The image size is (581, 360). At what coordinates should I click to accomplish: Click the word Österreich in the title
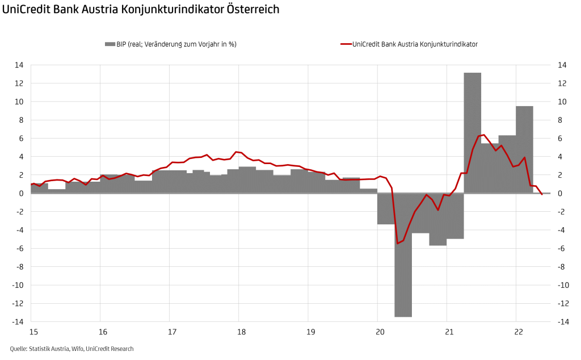[x=251, y=10]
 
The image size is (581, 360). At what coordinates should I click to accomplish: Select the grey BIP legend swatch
[x=110, y=44]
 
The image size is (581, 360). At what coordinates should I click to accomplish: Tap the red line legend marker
[x=345, y=44]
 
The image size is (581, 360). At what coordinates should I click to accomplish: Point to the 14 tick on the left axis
[x=19, y=65]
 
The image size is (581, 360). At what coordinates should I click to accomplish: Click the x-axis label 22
[x=517, y=331]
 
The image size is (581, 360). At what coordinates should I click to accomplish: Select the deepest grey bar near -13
[x=403, y=255]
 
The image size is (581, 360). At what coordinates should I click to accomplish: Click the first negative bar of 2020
[x=386, y=208]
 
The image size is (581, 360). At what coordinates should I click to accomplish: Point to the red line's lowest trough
[x=398, y=243]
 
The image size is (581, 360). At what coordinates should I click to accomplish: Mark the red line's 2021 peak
[x=483, y=135]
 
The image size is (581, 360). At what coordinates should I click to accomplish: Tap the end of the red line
[x=542, y=195]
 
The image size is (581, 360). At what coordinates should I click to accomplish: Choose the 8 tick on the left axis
[x=22, y=120]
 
